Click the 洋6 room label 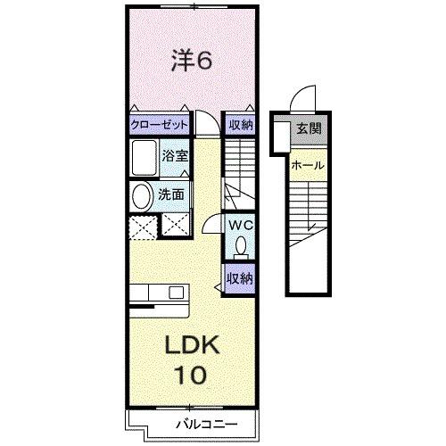click(x=190, y=60)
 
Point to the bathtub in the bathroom click(x=143, y=158)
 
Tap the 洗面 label click(x=171, y=194)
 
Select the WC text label click(x=240, y=226)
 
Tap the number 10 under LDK click(x=190, y=375)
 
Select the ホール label click(x=309, y=164)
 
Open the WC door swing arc click(x=212, y=227)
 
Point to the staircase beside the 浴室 click(x=240, y=174)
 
